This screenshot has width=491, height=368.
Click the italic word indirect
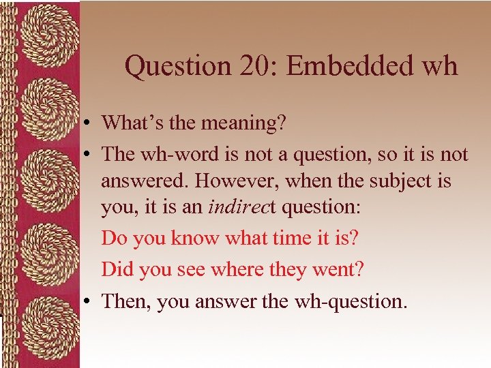tap(237, 207)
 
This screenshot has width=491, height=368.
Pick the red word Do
tap(115, 239)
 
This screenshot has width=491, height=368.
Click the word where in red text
tap(238, 270)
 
